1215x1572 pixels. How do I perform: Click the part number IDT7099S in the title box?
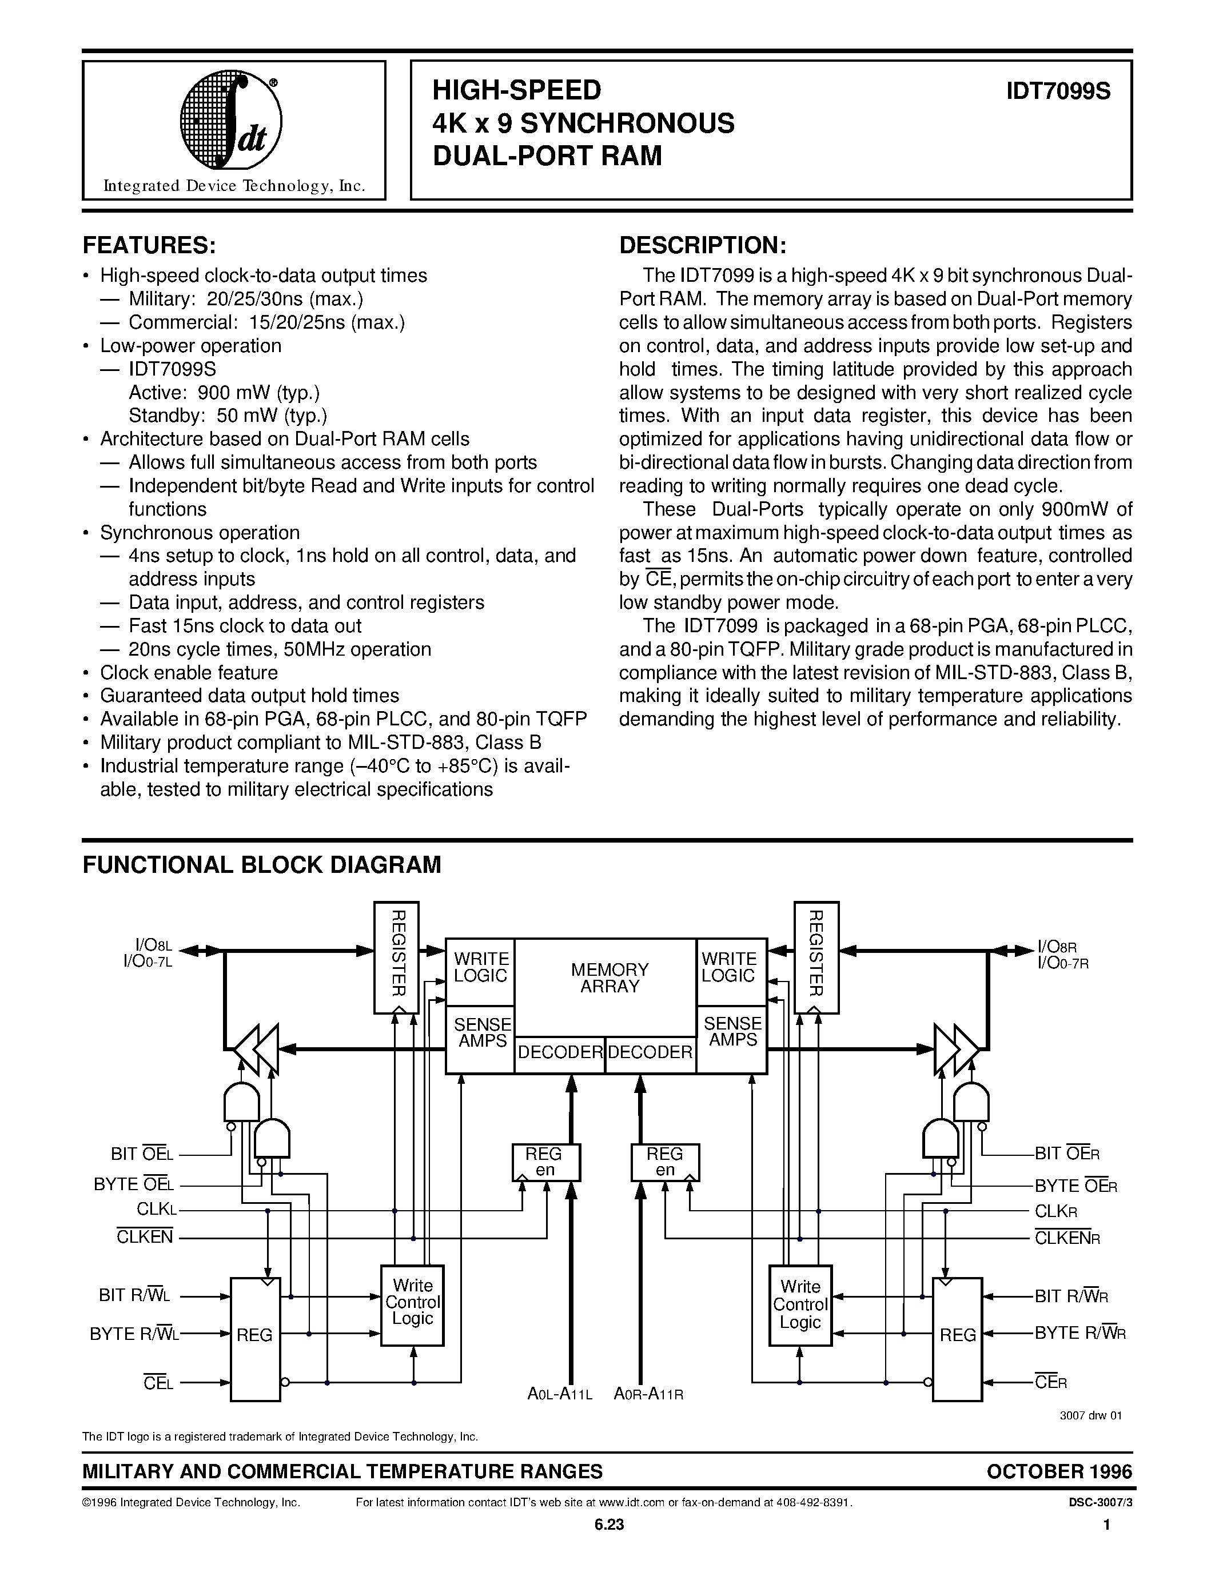tap(1058, 91)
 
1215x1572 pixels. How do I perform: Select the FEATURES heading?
tap(149, 245)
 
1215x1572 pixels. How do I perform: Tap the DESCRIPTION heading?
tap(703, 245)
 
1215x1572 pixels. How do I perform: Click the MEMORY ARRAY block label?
tap(610, 978)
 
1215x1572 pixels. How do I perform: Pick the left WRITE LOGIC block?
tap(481, 967)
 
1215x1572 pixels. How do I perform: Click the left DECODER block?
tap(560, 1052)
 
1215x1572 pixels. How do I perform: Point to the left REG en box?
tap(545, 1162)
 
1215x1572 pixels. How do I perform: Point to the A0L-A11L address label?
tap(559, 1394)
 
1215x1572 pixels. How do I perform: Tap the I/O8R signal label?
tap(1056, 947)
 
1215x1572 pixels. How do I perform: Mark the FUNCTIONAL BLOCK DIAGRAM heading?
tap(262, 864)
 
